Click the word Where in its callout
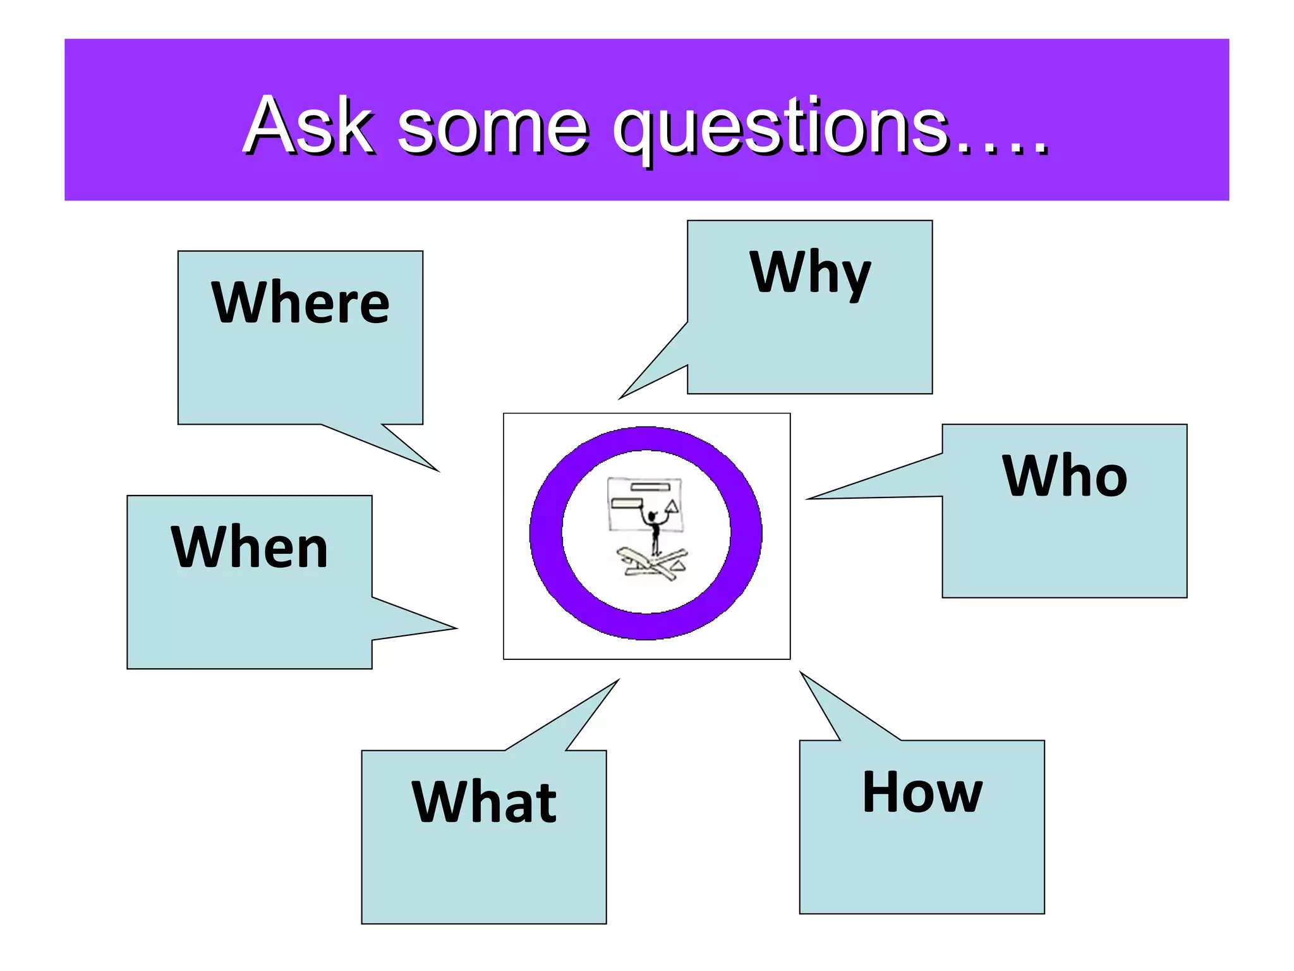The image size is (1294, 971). coord(300,303)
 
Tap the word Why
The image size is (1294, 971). coord(810,273)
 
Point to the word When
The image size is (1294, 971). coord(250,547)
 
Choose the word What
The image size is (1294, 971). coord(484,802)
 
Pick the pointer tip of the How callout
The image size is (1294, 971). coord(802,673)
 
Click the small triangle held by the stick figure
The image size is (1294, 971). coord(672,506)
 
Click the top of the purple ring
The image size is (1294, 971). coord(646,439)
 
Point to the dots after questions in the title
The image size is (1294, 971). coord(1002,149)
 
